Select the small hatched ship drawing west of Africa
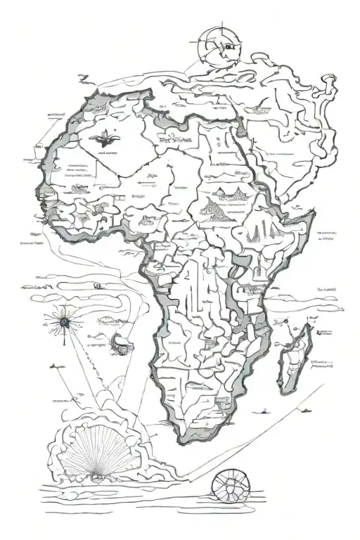121,342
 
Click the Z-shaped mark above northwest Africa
83,78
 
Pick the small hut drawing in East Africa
258,267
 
